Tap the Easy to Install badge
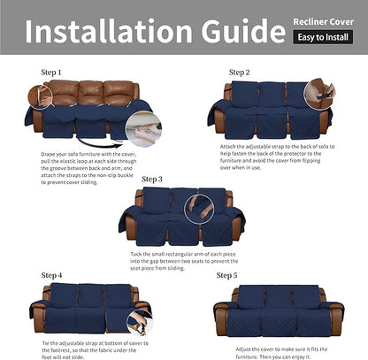point(321,37)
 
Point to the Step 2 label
point(239,72)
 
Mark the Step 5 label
point(226,276)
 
